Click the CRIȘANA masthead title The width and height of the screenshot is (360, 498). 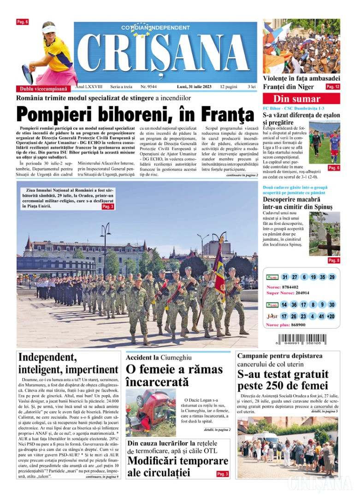166,54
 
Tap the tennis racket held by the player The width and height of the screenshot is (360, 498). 28,74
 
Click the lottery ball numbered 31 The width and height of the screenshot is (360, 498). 285,277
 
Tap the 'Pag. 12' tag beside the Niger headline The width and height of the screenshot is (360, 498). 332,87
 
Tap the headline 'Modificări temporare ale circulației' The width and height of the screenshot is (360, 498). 177,467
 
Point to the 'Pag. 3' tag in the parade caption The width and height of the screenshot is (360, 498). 107,207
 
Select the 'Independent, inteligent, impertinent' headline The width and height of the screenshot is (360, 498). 68,363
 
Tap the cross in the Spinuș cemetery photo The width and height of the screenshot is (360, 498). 330,240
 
